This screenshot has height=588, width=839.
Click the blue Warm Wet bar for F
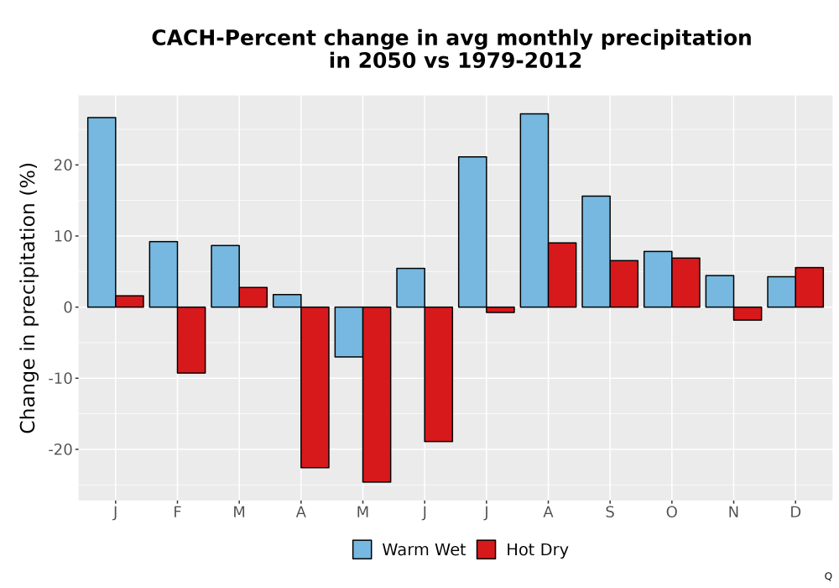pyautogui.click(x=164, y=274)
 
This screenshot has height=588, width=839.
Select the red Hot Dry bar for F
pyautogui.click(x=191, y=340)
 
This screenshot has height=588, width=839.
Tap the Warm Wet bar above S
pyautogui.click(x=596, y=252)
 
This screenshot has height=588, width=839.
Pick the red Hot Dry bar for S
pyautogui.click(x=624, y=284)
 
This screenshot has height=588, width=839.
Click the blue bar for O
pyautogui.click(x=658, y=279)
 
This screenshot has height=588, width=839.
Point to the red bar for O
pyautogui.click(x=685, y=283)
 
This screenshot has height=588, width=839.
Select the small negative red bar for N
pyautogui.click(x=748, y=314)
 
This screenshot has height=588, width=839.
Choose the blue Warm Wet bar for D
pyautogui.click(x=781, y=291)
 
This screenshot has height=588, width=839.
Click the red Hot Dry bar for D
pyautogui.click(x=809, y=287)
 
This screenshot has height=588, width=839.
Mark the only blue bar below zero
pyautogui.click(x=349, y=332)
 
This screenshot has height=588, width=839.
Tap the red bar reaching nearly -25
pyautogui.click(x=377, y=395)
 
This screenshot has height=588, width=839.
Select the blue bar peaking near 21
pyautogui.click(x=472, y=232)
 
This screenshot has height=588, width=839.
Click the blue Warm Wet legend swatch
pyautogui.click(x=362, y=549)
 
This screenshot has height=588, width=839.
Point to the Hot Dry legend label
pyautogui.click(x=537, y=550)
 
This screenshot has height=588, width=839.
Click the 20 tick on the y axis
pyautogui.click(x=63, y=165)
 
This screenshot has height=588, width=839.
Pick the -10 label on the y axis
pyautogui.click(x=60, y=378)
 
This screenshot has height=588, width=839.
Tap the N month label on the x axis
pyautogui.click(x=733, y=512)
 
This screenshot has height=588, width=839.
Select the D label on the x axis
pyautogui.click(x=795, y=512)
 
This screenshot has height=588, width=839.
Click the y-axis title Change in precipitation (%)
pyautogui.click(x=28, y=297)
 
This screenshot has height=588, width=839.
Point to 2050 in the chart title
pyautogui.click(x=386, y=60)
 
